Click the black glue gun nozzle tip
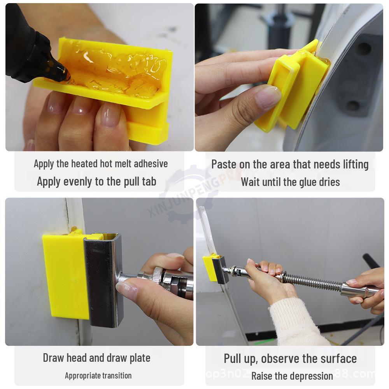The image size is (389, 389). tap(62, 74)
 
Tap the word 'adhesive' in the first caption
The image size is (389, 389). tap(151, 163)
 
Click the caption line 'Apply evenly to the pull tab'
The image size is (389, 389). tap(96, 181)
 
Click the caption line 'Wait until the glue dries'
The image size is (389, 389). tap(290, 182)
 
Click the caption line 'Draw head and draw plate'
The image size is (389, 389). tap(96, 357)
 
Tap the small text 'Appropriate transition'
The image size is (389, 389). tap(98, 375)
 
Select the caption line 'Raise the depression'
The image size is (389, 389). tap(292, 376)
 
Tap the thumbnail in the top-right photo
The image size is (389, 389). tap(268, 95)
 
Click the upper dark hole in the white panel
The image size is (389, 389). tap(364, 48)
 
